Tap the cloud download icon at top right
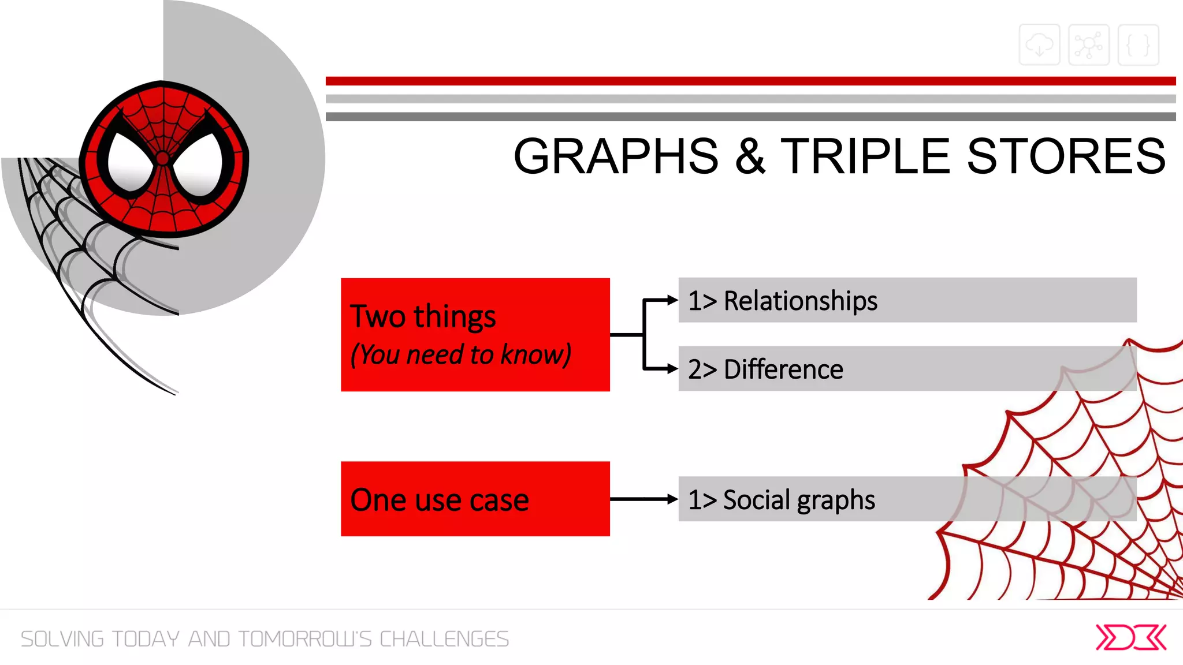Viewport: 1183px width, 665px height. tap(1039, 44)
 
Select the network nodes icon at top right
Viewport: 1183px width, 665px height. tap(1088, 44)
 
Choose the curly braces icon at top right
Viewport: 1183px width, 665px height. tap(1138, 44)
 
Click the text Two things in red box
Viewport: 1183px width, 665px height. tap(423, 316)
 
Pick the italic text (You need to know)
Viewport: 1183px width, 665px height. tap(460, 354)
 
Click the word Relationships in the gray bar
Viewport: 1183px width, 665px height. tap(800, 301)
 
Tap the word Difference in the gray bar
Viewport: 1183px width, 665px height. tap(783, 369)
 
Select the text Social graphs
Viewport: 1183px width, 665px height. tap(798, 500)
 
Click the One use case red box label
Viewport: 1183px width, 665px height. tap(439, 500)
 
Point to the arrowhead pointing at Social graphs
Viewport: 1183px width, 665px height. tap(672, 499)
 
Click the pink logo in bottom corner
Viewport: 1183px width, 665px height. tap(1130, 637)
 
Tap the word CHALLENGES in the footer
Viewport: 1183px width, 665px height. tap(444, 639)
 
